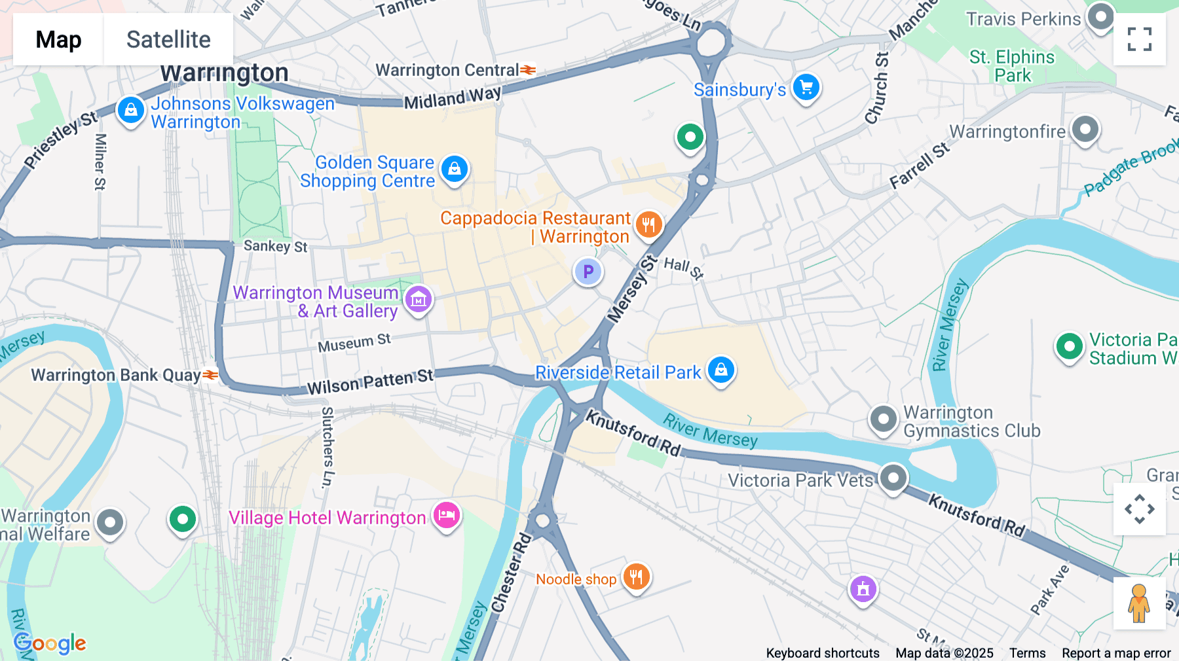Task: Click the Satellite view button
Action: tap(168, 39)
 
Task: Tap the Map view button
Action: tap(58, 39)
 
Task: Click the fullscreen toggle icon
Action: tap(1139, 39)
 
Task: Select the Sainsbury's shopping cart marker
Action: tap(806, 87)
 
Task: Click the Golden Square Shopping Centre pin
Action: tap(455, 169)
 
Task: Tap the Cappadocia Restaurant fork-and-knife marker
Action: tap(648, 225)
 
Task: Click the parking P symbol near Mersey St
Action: tap(588, 272)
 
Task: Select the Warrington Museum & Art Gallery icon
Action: tap(419, 300)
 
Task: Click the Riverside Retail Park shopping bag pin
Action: tap(721, 370)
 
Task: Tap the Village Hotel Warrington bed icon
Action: tap(447, 515)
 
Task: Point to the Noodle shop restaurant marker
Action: tap(636, 577)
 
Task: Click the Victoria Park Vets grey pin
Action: tap(893, 478)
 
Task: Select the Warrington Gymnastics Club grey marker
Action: tap(883, 418)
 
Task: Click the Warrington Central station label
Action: tap(447, 70)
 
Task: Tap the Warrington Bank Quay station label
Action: tap(116, 375)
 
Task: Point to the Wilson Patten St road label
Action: tap(370, 382)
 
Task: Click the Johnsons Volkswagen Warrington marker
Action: tap(131, 110)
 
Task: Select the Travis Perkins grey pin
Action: tap(1100, 16)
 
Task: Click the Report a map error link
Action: tap(1116, 653)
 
